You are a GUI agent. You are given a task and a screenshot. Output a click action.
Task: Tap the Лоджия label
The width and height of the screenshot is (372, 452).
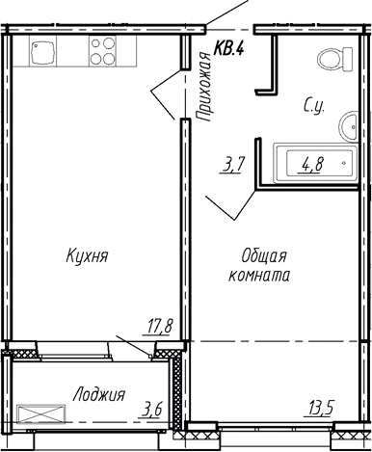pos(99,394)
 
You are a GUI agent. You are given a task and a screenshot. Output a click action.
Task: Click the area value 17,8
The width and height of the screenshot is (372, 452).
pos(159,325)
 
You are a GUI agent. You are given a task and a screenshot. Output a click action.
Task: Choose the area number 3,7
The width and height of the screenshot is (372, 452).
pos(233,165)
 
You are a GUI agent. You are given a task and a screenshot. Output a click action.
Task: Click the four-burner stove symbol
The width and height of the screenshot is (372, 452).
pos(102,51)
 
